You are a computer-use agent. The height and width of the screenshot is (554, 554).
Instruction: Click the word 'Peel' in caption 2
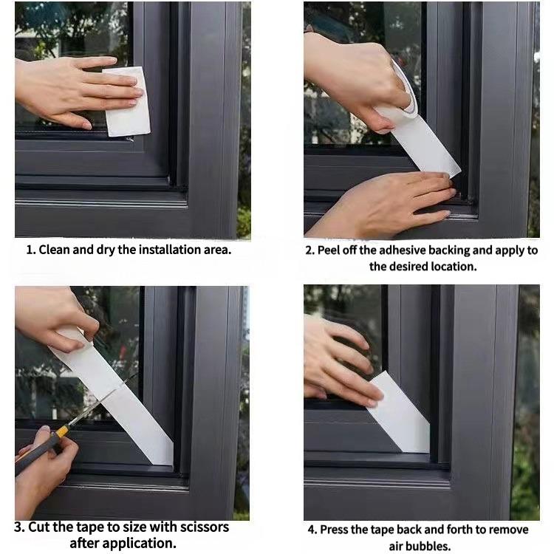332,250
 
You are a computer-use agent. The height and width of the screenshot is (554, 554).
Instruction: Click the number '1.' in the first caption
30,250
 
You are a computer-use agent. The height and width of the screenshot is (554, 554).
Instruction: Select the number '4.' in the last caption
313,530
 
